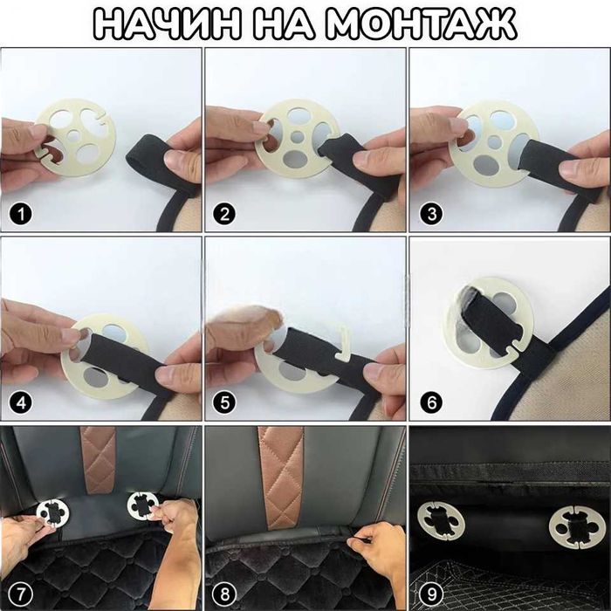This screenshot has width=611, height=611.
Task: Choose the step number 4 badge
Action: click(x=20, y=403)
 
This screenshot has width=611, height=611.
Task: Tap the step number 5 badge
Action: click(x=225, y=403)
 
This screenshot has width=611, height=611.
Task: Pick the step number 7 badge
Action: click(x=20, y=594)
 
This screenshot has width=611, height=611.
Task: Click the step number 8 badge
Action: click(x=225, y=594)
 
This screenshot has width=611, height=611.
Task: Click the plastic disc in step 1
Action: click(x=77, y=138)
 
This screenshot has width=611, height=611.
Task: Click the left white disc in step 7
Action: click(x=52, y=512)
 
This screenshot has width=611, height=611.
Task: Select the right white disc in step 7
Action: click(x=141, y=505)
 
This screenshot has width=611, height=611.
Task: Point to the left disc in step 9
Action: click(x=441, y=520)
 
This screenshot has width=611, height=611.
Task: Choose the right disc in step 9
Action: click(x=577, y=527)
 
